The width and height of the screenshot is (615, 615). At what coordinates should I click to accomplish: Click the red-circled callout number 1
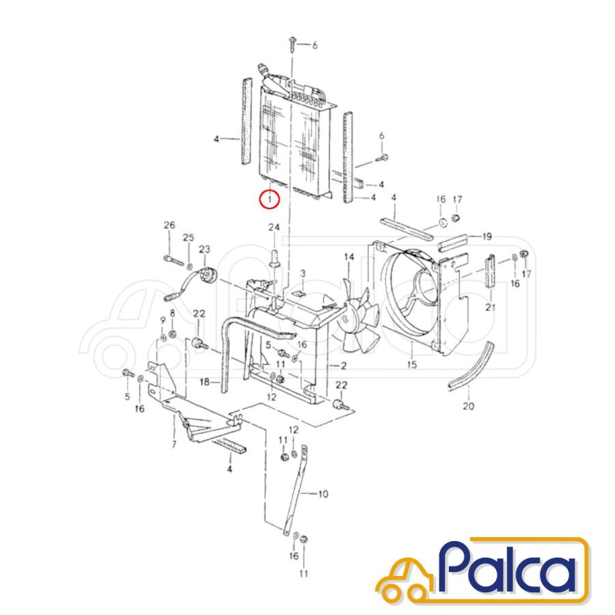point(269,200)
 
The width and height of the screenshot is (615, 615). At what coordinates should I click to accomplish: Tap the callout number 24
point(274,227)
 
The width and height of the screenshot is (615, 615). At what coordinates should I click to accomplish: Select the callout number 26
point(169,225)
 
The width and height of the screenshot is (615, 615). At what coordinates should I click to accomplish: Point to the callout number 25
point(189,237)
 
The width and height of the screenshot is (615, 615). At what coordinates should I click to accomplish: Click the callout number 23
point(204,249)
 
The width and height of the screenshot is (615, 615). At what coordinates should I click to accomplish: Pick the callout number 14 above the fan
point(349,257)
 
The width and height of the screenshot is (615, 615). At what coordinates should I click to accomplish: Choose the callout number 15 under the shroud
point(412,364)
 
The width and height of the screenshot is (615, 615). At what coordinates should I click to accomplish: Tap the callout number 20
point(468,406)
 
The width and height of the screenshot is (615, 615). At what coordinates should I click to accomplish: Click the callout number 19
point(487,236)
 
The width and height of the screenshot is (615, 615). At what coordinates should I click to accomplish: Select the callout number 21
point(491,307)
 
